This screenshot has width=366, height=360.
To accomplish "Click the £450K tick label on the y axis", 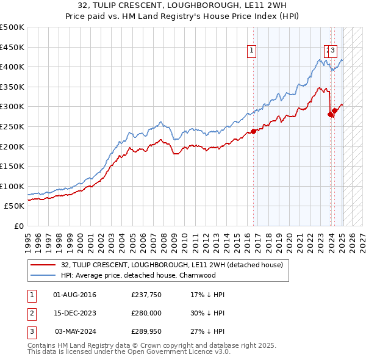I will tap(12, 47).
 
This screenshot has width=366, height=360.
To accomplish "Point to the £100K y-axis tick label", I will tap(12, 186).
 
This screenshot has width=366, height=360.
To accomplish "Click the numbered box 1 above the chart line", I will tap(252, 51).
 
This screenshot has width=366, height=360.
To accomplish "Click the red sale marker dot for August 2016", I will tap(253, 131).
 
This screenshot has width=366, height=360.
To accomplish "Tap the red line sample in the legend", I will tap(44, 265).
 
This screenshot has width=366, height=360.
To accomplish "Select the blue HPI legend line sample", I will tap(44, 275).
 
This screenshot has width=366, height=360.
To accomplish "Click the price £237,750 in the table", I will tap(146, 295).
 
